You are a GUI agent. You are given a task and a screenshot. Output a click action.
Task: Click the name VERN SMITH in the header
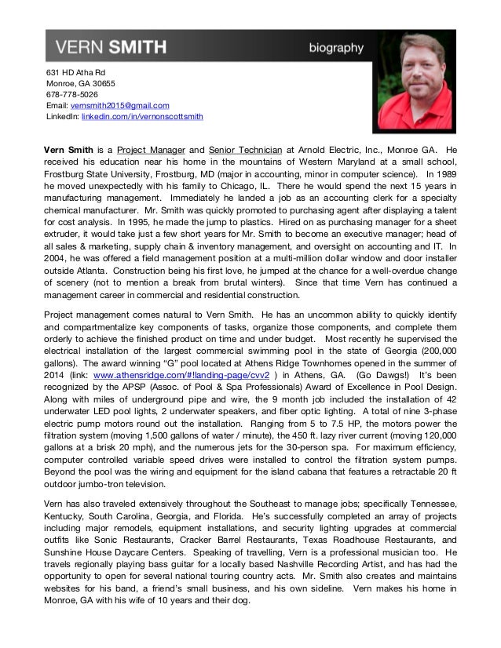tap(110, 48)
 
